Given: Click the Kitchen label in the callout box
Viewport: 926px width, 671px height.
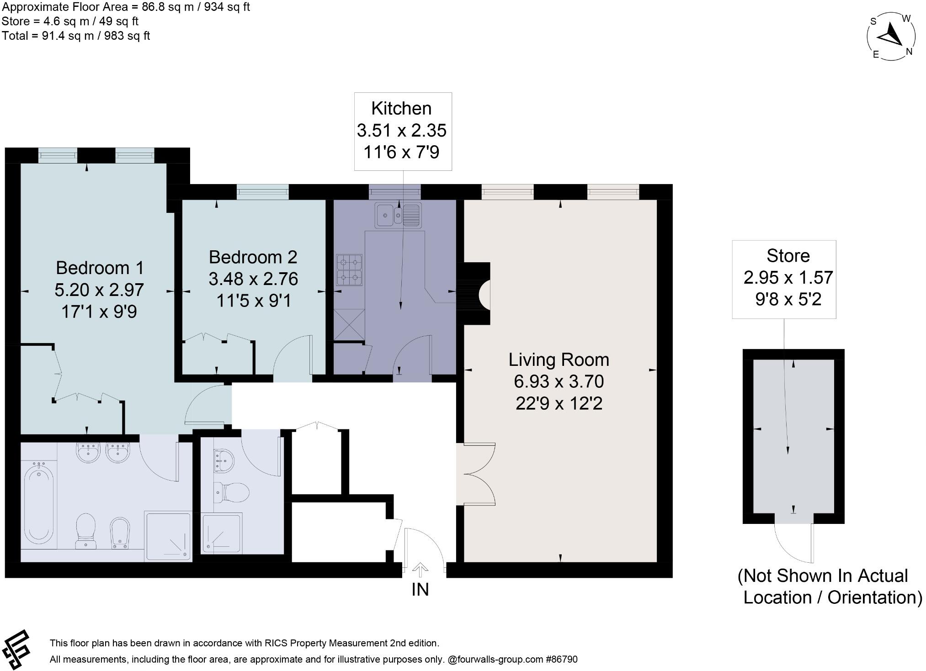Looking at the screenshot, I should (x=401, y=109).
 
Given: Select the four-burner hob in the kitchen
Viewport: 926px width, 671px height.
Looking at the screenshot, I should (x=349, y=270).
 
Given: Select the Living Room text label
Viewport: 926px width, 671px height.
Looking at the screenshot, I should (x=559, y=360).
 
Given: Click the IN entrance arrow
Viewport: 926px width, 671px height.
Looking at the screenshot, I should (x=420, y=570).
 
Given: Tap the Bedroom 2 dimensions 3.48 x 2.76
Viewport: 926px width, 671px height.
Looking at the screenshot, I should (x=253, y=279).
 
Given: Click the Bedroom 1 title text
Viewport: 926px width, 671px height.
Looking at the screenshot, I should (x=100, y=268).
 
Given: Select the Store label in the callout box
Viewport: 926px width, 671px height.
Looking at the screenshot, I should (x=788, y=256).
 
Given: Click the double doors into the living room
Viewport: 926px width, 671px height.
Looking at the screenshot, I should (x=478, y=474).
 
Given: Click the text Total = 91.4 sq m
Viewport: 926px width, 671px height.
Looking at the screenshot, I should (x=76, y=36).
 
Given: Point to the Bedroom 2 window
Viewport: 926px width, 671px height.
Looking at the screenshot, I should (x=263, y=192).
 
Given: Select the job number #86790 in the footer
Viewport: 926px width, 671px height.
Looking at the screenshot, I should (x=562, y=660).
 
